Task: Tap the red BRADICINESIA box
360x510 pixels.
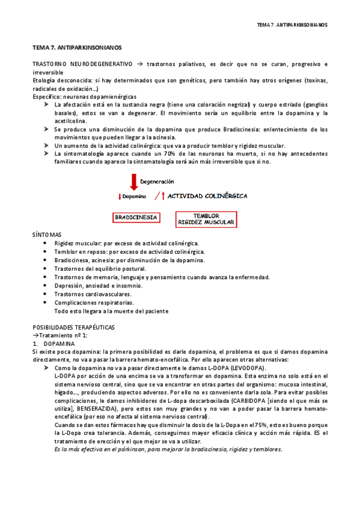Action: pyautogui.click(x=136, y=217)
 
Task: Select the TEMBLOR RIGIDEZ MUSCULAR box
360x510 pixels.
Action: pyautogui.click(x=206, y=218)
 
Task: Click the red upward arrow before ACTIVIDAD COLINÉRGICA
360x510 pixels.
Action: pyautogui.click(x=163, y=196)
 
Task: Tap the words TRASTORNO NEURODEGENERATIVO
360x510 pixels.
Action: pyautogui.click(x=82, y=64)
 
